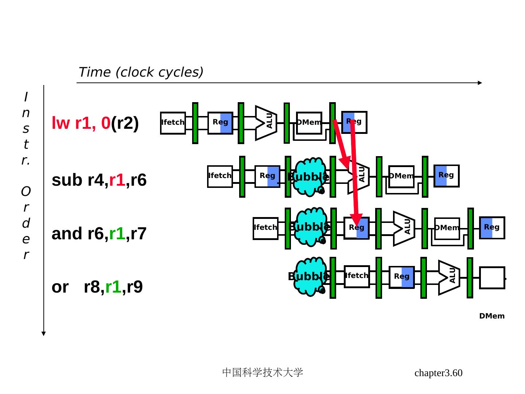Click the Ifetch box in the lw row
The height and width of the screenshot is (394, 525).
[173, 123]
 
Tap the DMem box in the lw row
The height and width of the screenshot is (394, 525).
[309, 123]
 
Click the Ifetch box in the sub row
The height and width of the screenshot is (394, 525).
[220, 177]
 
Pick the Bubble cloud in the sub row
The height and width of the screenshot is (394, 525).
[309, 177]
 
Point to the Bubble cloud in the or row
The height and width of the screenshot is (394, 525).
[310, 277]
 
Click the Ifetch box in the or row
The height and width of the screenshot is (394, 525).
[357, 277]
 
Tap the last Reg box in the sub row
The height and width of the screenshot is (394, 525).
[446, 176]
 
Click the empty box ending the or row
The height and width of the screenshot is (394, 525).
[492, 278]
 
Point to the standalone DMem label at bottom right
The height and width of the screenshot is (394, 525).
[492, 316]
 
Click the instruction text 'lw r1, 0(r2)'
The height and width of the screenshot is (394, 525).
[95, 123]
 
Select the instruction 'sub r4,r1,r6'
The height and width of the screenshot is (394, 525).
[99, 180]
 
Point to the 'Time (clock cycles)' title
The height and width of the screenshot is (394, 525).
[141, 72]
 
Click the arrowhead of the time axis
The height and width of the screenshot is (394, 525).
[480, 83]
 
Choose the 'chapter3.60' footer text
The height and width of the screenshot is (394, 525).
[438, 373]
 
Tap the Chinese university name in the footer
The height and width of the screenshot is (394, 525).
[262, 372]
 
